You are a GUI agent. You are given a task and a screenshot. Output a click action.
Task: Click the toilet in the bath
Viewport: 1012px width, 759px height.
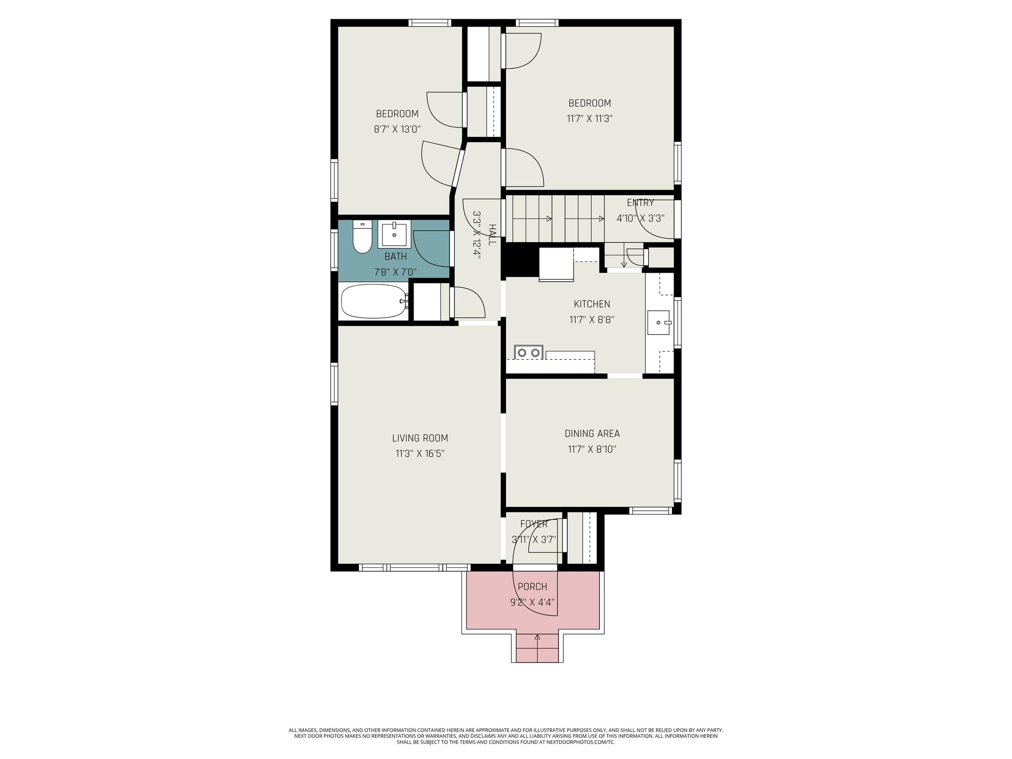362,237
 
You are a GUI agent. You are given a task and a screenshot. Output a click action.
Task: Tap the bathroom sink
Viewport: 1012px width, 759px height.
394,235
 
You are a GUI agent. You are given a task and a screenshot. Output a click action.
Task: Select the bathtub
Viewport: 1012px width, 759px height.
375,301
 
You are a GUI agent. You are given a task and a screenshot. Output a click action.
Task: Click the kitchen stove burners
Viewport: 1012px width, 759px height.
528,352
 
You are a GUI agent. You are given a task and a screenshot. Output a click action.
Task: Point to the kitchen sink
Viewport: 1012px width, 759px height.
659,322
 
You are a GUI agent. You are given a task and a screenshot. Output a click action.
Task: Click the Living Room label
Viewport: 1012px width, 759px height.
420,438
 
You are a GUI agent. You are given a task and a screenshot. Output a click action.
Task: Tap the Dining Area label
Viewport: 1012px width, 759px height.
592,433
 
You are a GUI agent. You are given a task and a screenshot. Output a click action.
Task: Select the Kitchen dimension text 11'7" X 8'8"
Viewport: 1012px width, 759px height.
592,320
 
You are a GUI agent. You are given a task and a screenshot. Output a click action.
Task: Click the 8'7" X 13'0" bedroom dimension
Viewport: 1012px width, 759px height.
397,129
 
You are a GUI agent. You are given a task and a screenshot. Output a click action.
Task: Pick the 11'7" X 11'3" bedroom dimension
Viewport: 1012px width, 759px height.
590,119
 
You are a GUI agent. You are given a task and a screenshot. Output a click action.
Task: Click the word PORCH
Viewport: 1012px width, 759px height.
532,587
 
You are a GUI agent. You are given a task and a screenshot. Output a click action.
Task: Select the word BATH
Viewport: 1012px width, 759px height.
396,256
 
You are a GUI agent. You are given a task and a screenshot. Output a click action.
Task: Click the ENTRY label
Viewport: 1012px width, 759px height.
640,203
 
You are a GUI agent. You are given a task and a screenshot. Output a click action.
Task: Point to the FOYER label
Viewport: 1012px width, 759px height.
534,524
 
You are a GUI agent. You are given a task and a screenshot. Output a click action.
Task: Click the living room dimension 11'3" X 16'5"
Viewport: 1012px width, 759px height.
420,454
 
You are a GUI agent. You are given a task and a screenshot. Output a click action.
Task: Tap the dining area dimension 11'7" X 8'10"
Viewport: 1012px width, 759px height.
592,449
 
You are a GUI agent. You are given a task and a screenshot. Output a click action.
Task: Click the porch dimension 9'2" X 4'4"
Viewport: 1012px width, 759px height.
533,602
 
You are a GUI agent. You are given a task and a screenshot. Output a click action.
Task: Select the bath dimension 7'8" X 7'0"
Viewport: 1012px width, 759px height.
395,272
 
